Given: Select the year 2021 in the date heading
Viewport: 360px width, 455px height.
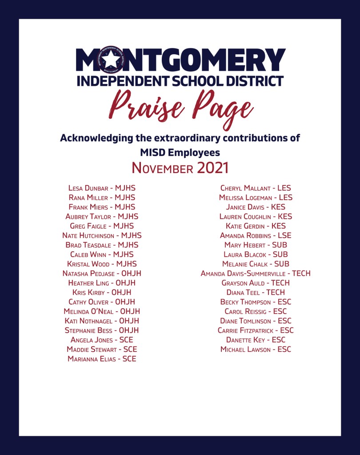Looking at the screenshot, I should [212, 168].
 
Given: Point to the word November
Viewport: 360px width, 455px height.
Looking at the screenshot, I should [162, 169].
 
